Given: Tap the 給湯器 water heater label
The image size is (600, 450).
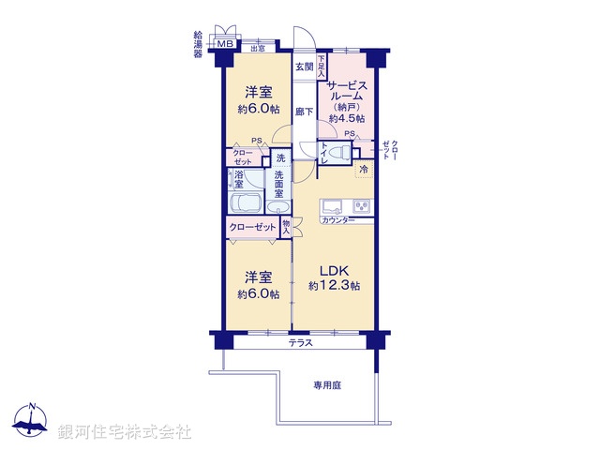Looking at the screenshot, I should (198, 44).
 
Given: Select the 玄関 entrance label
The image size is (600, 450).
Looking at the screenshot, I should (304, 67).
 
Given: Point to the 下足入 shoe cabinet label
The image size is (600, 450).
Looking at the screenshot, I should (321, 66).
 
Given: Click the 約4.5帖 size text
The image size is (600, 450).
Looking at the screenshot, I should (346, 119).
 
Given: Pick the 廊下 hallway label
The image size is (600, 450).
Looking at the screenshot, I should (304, 111).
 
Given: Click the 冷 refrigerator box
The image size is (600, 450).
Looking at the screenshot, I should (364, 170).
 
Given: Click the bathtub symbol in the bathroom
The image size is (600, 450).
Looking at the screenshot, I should (246, 204).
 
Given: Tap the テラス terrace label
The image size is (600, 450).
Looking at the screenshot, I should (300, 343).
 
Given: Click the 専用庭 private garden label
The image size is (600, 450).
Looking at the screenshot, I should (330, 384).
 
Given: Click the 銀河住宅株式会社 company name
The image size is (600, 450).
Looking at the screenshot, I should (124, 431).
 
